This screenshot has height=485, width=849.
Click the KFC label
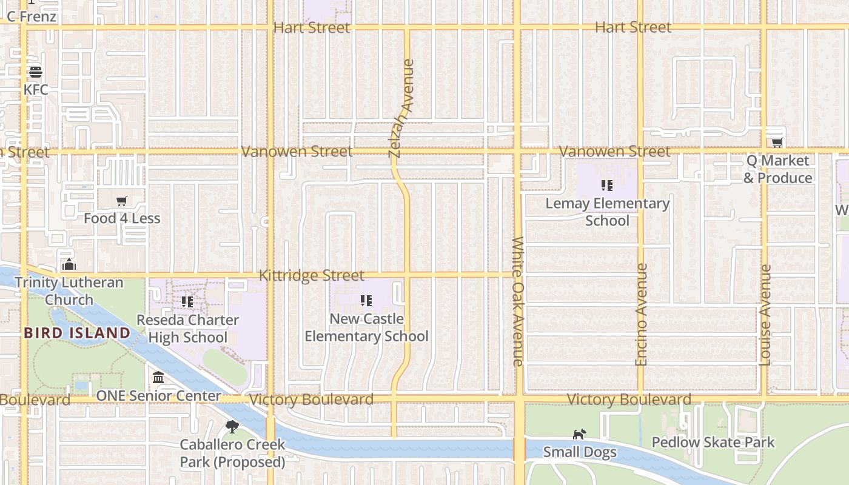(36, 90)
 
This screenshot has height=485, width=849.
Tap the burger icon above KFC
(35, 72)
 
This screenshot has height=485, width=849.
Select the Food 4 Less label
(122, 218)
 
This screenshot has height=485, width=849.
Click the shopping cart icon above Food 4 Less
(122, 201)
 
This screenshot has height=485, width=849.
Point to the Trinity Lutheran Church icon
(69, 264)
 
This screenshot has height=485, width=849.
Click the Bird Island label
(77, 333)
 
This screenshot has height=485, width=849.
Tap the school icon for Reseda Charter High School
(187, 301)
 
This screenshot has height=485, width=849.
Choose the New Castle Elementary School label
(366, 327)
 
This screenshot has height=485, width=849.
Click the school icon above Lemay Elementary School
(607, 186)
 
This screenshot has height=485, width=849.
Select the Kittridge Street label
(312, 275)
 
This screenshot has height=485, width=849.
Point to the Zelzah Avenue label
(401, 108)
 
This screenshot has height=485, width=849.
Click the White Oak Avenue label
(518, 301)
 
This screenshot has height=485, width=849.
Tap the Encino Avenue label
(641, 314)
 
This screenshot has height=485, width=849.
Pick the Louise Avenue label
(765, 315)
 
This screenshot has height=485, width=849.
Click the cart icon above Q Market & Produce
(777, 142)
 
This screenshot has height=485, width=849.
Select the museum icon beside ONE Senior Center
(158, 378)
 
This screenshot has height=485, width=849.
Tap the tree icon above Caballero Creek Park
(232, 427)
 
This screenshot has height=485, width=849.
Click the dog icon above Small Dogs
(580, 434)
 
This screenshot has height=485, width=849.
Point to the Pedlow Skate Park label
(713, 442)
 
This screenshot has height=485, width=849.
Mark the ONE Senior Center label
(159, 396)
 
